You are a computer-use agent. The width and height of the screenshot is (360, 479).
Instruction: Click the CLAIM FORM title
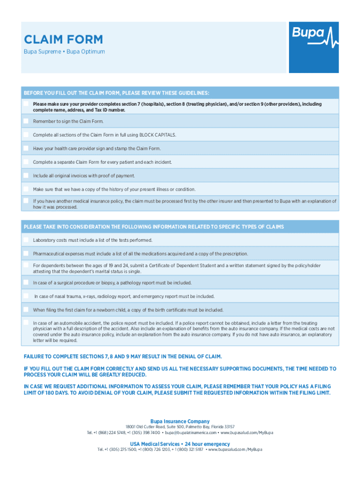point(63,40)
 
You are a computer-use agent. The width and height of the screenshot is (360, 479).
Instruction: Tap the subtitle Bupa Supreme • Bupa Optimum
point(65,51)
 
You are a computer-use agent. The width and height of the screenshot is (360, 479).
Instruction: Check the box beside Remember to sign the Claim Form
point(26,121)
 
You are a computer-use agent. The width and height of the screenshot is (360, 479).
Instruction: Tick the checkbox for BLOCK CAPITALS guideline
point(26,135)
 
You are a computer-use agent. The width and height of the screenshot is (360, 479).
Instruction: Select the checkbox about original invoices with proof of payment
point(26,175)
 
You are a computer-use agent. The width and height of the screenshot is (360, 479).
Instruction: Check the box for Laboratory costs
point(26,240)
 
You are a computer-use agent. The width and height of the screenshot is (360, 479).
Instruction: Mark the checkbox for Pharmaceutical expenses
point(26,254)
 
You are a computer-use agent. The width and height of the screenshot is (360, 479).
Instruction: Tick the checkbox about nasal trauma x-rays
point(26,296)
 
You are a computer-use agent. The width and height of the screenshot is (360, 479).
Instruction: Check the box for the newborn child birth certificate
point(26,310)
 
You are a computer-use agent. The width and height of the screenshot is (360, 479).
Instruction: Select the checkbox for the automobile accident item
point(26,323)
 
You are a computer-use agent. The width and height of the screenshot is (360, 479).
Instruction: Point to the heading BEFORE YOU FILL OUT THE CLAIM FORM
point(116,93)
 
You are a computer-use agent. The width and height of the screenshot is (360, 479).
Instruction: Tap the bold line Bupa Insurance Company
point(180,421)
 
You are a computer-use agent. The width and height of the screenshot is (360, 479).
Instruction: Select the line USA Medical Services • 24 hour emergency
point(180,444)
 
